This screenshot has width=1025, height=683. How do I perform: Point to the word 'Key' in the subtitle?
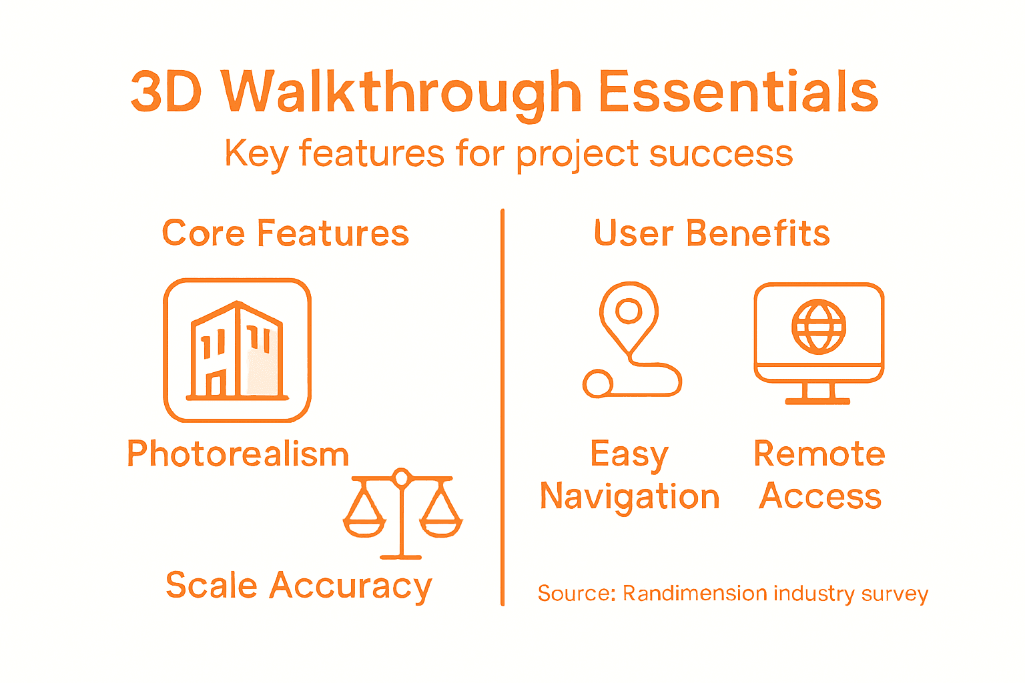[x=256, y=155]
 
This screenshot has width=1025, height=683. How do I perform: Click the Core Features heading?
[x=286, y=233]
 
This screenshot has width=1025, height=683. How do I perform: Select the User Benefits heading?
[x=712, y=233]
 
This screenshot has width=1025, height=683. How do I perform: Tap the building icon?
[x=237, y=350]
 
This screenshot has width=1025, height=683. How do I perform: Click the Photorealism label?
[x=238, y=454]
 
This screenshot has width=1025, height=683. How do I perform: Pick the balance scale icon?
[x=402, y=514]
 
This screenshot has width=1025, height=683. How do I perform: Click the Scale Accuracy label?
[x=299, y=586]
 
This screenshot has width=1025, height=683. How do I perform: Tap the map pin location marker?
[x=629, y=313]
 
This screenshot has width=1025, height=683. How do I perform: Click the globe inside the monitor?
[x=818, y=327]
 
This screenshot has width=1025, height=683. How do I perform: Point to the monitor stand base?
[x=817, y=400]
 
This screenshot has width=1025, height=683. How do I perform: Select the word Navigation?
[x=630, y=497]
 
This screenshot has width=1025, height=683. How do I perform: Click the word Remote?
[x=819, y=454]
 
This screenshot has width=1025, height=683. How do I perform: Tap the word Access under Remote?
[x=820, y=497]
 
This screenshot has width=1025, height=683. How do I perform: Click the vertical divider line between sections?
[x=502, y=407]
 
